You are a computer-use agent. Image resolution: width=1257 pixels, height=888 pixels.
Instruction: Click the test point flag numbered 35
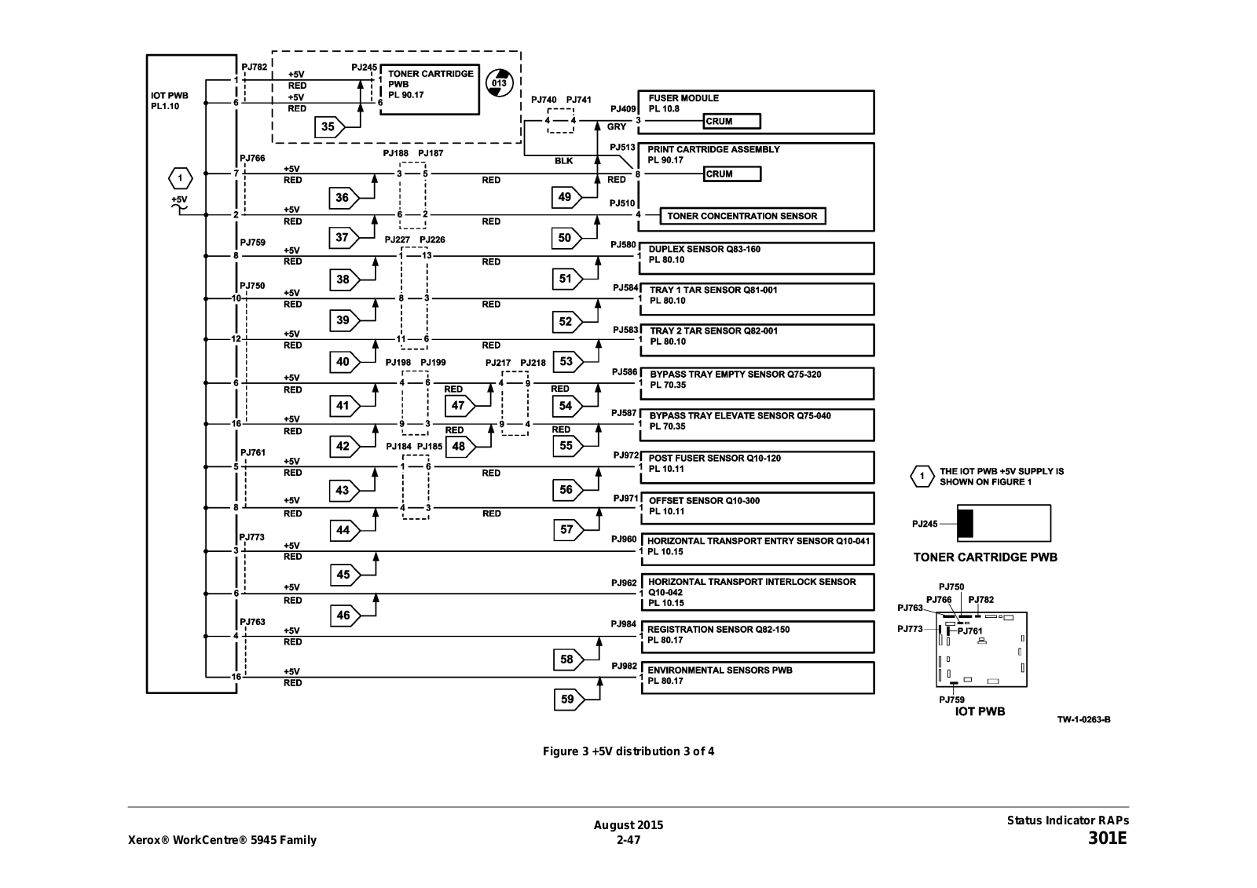point(329,126)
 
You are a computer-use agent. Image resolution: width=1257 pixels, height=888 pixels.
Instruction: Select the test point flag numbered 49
point(566,197)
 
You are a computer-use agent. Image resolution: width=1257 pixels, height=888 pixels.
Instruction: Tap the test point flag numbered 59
point(569,699)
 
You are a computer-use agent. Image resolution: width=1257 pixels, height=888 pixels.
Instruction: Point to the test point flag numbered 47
point(460,405)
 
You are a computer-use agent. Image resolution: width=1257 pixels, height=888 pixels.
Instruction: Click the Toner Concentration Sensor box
point(742,216)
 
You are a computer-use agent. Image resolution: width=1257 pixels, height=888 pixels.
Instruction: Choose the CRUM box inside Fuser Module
point(731,121)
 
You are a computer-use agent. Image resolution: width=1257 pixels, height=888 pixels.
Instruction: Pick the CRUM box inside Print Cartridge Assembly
point(732,174)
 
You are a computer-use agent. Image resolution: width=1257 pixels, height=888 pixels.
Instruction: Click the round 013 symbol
point(500,83)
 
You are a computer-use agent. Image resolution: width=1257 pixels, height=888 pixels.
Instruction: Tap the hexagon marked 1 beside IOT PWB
point(180,178)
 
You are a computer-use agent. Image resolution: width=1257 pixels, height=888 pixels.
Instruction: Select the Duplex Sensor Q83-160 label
point(704,249)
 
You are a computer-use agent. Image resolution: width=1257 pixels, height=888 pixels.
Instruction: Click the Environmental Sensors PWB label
point(720,670)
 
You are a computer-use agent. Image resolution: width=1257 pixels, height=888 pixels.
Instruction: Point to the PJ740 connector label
point(544,100)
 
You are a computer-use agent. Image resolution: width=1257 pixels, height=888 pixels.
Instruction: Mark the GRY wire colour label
point(616,126)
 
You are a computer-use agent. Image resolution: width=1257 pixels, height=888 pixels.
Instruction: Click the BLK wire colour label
point(564,161)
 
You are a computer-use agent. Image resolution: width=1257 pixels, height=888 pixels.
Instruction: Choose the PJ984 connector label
point(624,623)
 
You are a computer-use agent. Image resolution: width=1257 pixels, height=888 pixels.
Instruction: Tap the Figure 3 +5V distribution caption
point(628,751)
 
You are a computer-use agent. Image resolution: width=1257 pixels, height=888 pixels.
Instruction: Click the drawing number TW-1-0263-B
point(1083,720)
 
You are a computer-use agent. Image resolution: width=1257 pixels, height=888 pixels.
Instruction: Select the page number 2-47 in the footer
point(628,840)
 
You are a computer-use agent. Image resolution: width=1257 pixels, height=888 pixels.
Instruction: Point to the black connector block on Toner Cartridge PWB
point(966,524)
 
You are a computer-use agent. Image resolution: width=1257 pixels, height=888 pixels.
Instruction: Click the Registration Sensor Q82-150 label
point(718,630)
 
